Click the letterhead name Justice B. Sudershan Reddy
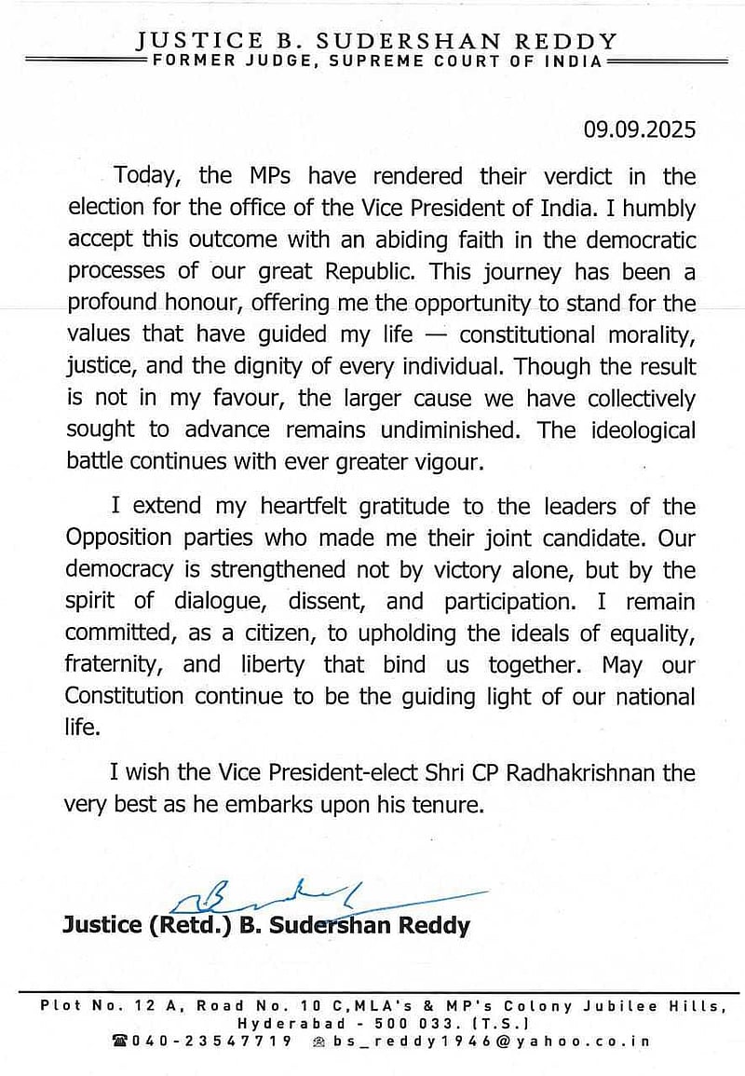[x=376, y=41]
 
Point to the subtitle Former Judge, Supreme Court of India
[x=372, y=61]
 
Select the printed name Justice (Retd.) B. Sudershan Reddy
[x=265, y=926]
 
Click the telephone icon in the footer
[x=118, y=1042]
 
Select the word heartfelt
[x=313, y=506]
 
